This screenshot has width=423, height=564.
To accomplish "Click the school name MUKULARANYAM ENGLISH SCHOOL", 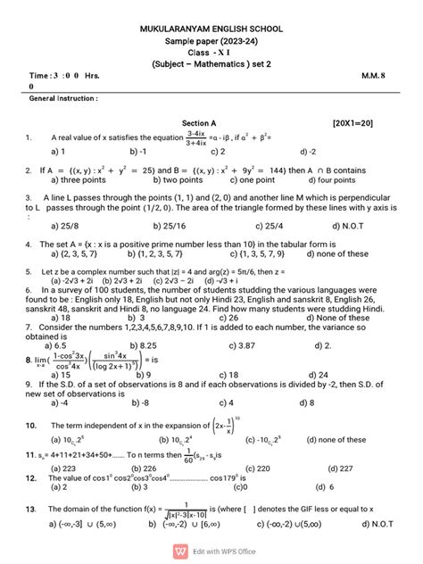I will (211, 29).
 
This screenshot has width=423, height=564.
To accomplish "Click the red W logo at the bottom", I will (182, 551).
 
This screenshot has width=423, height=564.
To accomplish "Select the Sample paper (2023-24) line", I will (211, 43).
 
